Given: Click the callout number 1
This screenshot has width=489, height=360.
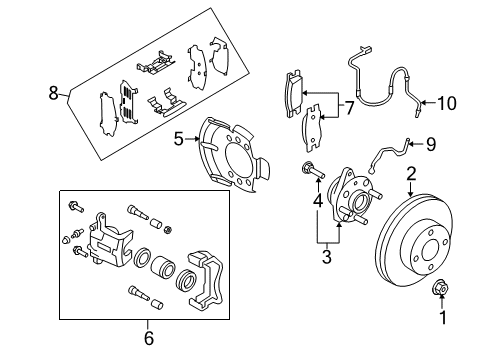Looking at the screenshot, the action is [443, 318].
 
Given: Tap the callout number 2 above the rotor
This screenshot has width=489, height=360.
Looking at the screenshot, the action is [411, 174].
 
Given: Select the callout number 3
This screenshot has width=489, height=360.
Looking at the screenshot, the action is [327, 256].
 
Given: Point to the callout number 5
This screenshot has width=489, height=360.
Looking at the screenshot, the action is [179, 139].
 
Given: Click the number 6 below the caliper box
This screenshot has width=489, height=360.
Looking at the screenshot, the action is [149, 338].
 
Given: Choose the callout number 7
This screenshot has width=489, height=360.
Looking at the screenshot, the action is [349, 108].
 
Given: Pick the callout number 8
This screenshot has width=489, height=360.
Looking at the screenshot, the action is [53, 93].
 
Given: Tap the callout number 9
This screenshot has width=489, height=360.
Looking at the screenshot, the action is [431, 144].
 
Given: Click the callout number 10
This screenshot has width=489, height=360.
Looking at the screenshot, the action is [447, 103].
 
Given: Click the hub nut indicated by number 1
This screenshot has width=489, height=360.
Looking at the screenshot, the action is [438, 288].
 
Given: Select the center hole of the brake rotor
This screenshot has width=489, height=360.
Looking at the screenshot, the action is [431, 251].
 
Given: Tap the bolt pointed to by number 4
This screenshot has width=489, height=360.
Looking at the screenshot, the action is [313, 170].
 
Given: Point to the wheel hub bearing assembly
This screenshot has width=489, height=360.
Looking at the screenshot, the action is [354, 197].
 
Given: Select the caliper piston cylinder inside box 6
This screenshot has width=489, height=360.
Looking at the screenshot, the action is [162, 268].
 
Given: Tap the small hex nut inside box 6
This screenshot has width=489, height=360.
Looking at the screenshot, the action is [168, 229].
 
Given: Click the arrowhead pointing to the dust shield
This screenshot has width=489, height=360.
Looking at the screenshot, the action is [197, 139].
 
